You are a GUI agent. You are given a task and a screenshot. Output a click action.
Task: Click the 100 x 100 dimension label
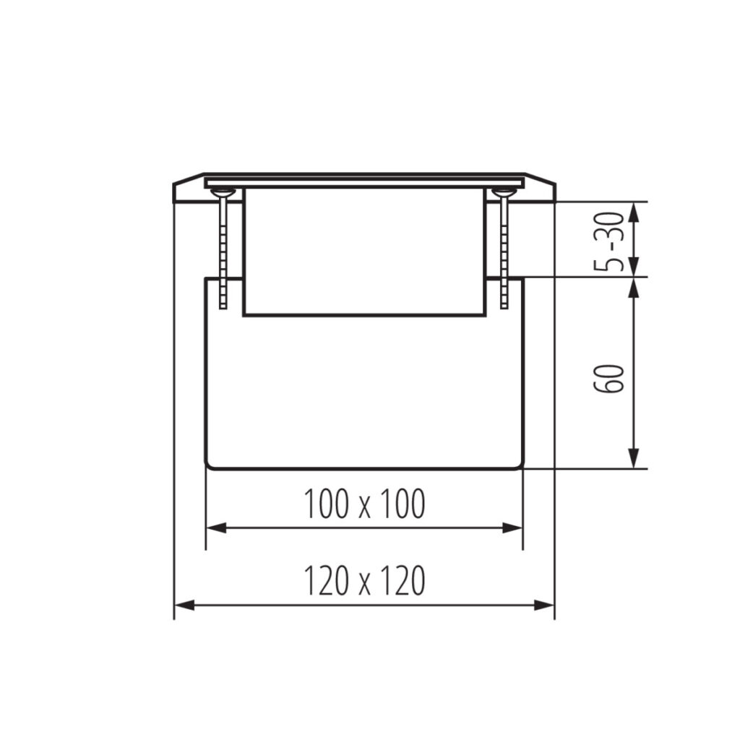pyautogui.click(x=364, y=504)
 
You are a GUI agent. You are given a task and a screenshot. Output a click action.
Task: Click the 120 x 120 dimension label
pyautogui.click(x=364, y=580)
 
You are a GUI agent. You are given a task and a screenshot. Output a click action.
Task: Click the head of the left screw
pyautogui.click(x=223, y=192)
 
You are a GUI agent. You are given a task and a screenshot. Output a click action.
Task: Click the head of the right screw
pyautogui.click(x=504, y=192)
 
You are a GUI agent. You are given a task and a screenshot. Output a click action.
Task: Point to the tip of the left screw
pyautogui.click(x=223, y=309)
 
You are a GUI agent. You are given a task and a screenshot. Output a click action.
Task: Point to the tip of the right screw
pyautogui.click(x=504, y=309)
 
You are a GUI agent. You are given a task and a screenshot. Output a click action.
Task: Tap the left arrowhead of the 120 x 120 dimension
pyautogui.click(x=184, y=605)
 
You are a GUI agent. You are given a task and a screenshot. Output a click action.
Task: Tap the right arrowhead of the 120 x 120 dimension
pyautogui.click(x=544, y=605)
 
